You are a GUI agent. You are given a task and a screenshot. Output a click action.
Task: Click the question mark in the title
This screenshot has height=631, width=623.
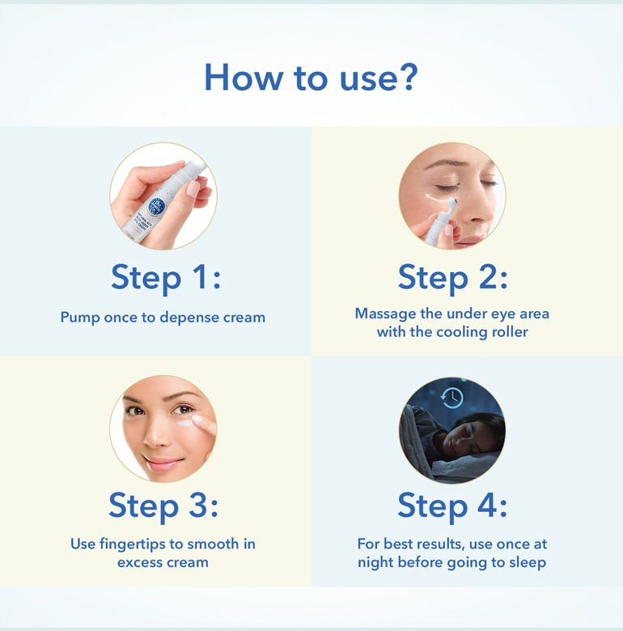coord(408,76)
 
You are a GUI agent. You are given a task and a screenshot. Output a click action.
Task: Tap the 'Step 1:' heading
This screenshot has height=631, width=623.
coord(166,277)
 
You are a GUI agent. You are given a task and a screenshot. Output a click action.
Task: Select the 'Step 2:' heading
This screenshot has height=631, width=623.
coord(452,277)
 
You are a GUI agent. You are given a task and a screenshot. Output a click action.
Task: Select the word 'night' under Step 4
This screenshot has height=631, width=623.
coord(379,562)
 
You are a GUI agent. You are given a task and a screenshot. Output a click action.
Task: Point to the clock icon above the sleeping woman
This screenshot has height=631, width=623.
coord(452,397)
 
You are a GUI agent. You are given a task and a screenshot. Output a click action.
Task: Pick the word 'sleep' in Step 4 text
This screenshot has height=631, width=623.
coord(528,562)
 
